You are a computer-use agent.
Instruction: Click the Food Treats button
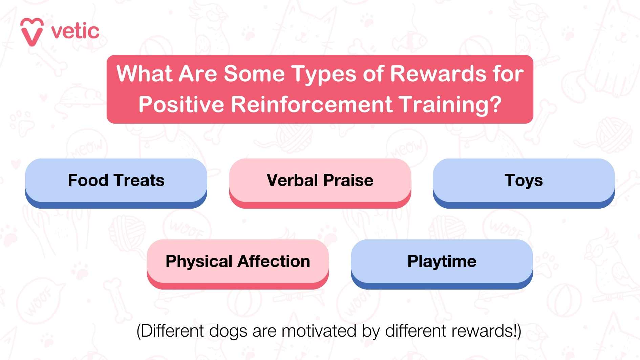[x=116, y=183]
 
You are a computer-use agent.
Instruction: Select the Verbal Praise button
[x=320, y=183]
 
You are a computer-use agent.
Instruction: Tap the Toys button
[x=524, y=183]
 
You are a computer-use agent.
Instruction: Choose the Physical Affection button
[x=238, y=264]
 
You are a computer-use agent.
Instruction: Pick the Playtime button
[x=442, y=264]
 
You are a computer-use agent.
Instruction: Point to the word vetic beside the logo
[x=75, y=31]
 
